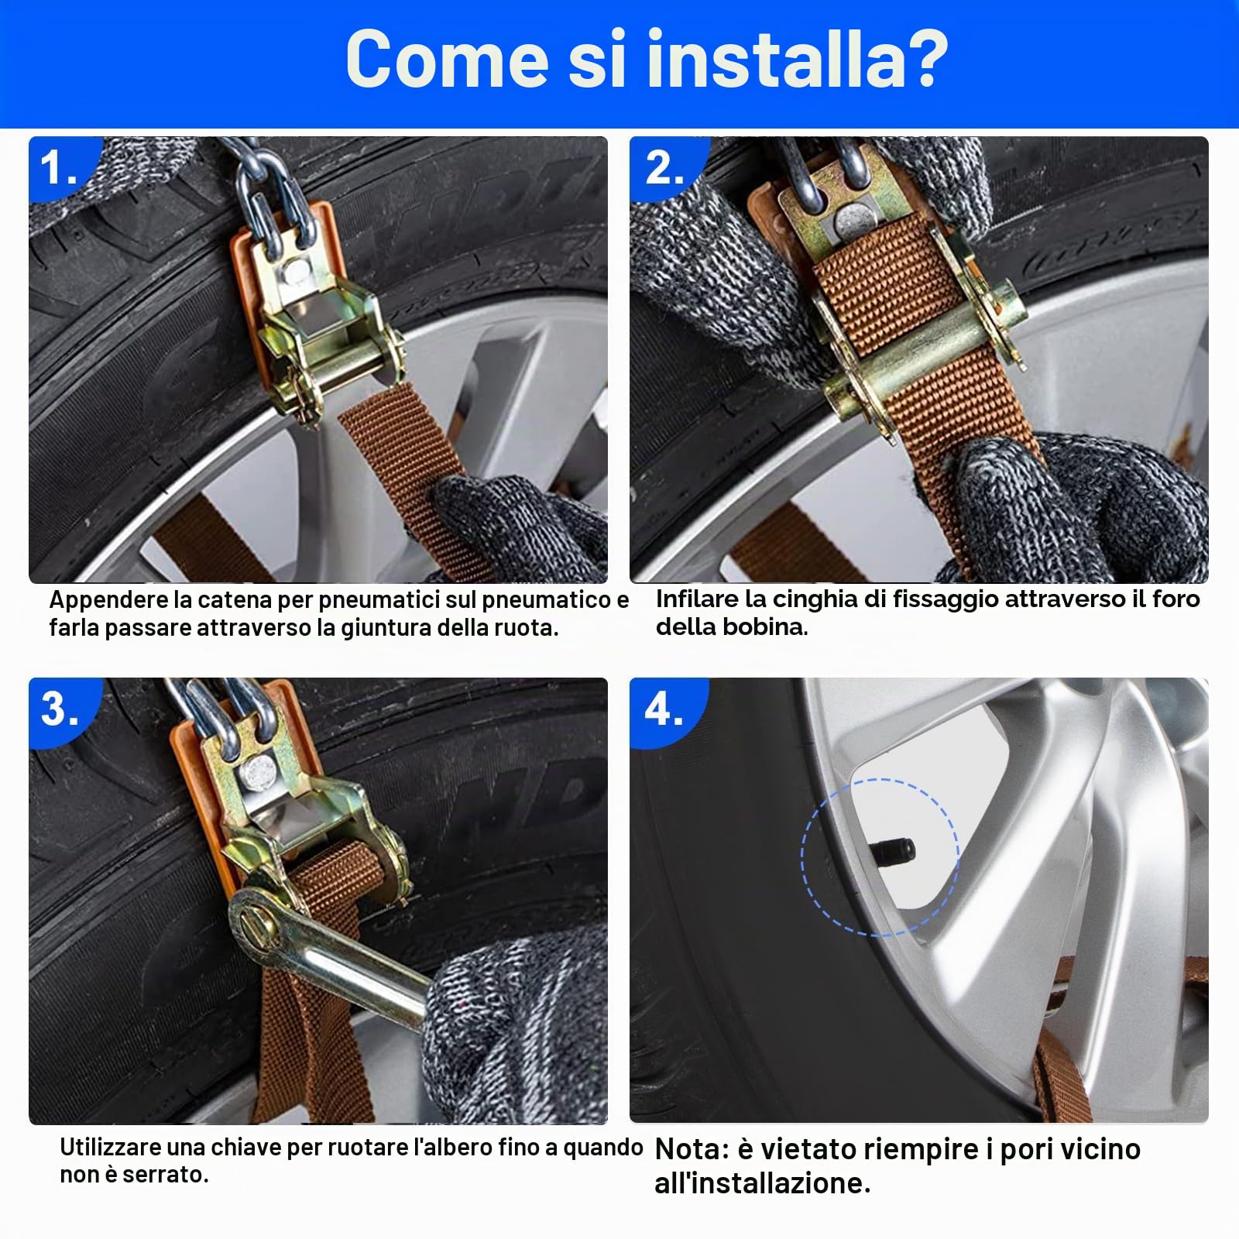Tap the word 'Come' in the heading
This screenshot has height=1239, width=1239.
tap(448, 59)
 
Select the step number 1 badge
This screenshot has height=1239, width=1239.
tap(60, 167)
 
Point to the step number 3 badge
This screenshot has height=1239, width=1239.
tap(60, 709)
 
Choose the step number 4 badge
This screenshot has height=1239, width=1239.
tap(664, 709)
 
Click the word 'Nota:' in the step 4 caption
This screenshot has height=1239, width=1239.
tap(692, 1149)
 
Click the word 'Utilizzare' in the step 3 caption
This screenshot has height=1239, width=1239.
tap(112, 1147)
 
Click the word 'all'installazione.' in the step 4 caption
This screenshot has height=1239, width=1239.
tap(763, 1183)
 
